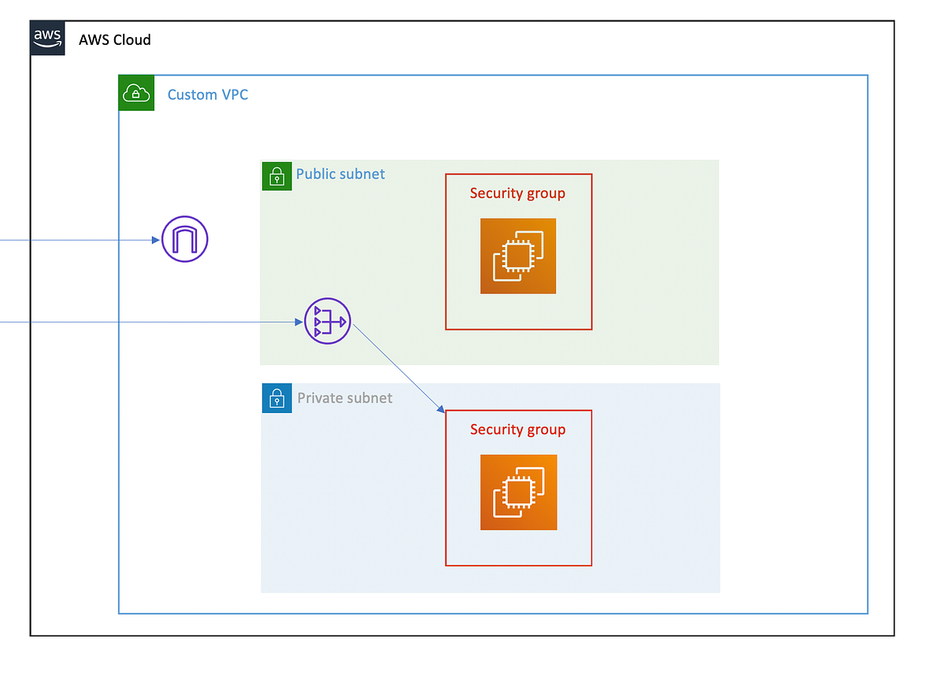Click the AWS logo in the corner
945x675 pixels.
47,38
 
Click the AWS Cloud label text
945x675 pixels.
115,39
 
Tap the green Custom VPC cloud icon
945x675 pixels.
136,94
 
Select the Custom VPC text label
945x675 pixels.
208,94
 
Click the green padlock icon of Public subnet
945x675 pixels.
276,175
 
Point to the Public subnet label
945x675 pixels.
340,174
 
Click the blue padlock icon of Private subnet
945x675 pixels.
276,399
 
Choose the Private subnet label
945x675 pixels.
344,398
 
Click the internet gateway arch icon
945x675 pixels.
185,239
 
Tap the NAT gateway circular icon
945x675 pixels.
328,321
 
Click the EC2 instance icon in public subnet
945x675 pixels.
518,256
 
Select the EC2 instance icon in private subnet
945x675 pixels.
518,492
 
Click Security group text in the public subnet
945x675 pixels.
517,193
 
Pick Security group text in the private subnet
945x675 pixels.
517,430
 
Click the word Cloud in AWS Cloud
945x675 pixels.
132,39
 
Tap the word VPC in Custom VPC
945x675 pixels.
234,94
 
